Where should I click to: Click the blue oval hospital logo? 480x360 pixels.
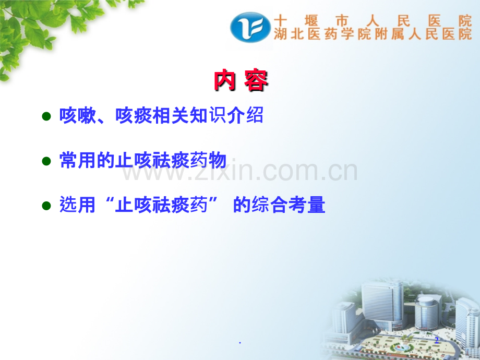pyautogui.click(x=250, y=27)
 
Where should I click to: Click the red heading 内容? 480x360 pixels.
pyautogui.click(x=241, y=81)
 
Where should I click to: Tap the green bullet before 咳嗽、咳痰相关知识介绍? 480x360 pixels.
pyautogui.click(x=46, y=116)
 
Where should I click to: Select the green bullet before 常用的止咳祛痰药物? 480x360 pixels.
pyautogui.click(x=46, y=161)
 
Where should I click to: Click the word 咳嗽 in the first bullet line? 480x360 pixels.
pyautogui.click(x=78, y=116)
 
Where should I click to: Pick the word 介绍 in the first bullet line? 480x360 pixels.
pyautogui.click(x=245, y=116)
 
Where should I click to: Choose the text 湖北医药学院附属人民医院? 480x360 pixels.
pyautogui.click(x=373, y=35)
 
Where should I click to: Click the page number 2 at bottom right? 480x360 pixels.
pyautogui.click(x=437, y=340)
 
